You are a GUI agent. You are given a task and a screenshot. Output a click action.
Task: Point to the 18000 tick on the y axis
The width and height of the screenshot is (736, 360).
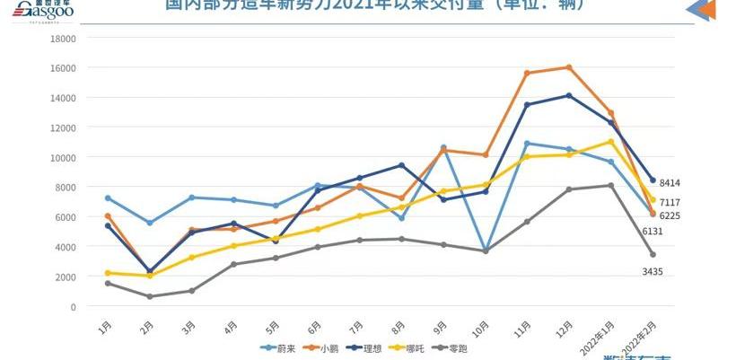coord(64,39)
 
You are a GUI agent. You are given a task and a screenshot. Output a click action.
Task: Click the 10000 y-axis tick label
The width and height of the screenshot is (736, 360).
coord(64,157)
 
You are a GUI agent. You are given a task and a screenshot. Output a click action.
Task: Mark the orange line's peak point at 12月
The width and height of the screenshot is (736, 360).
coord(569,67)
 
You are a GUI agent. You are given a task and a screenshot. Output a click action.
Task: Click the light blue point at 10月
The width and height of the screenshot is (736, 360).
coord(485,250)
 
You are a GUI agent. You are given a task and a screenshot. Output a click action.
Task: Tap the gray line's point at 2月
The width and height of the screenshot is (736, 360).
coord(150,296)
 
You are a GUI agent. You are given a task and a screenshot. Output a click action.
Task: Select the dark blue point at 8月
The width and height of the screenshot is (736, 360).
coord(401,165)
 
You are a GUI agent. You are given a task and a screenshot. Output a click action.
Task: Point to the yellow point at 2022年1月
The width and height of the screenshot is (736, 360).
coord(610,142)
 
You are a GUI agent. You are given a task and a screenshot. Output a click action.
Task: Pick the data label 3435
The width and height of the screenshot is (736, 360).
coord(653,271)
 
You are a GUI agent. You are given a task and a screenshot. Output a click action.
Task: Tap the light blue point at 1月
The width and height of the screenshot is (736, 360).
coord(108,198)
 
